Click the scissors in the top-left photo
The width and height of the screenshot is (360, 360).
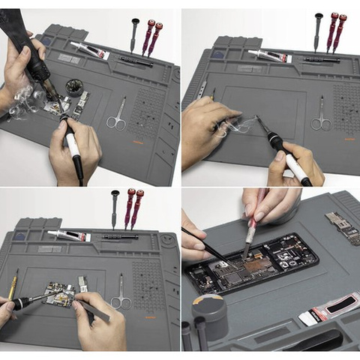(x=116, y=114)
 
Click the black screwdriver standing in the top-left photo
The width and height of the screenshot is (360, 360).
(x=134, y=34)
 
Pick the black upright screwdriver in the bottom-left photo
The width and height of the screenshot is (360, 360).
(x=115, y=208)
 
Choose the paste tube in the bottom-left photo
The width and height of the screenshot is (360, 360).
(x=69, y=235)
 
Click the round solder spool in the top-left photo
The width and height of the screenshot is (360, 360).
(x=73, y=87)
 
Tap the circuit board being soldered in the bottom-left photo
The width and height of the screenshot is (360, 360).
(x=60, y=294)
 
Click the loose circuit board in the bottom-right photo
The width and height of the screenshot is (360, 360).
(x=343, y=228)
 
